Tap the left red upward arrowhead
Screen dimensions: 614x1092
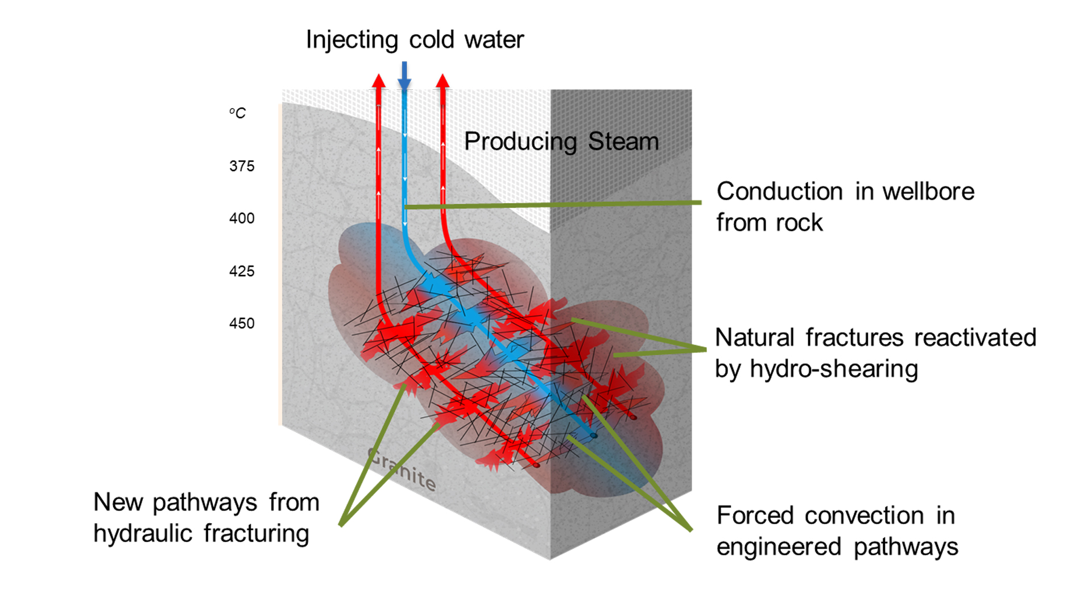379,81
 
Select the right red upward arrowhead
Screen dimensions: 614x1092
442,81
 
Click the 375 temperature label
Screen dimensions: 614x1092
242,166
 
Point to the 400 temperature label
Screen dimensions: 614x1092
242,218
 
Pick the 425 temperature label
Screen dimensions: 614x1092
242,271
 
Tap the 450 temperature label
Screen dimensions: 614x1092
242,323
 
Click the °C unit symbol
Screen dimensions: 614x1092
238,113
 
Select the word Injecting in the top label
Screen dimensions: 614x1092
352,40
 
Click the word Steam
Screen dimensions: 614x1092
623,141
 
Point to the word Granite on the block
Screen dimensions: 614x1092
402,470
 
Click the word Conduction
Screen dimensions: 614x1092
779,192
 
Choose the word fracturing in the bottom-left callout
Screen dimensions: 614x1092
256,534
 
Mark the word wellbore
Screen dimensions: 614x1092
928,192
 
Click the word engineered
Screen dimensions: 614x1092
779,547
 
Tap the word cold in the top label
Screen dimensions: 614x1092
432,40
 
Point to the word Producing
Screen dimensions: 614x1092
520,142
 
